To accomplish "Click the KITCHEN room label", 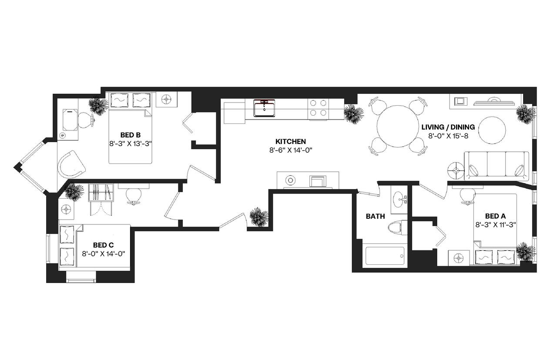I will pyautogui.click(x=291, y=141).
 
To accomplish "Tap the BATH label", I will pyautogui.click(x=375, y=216).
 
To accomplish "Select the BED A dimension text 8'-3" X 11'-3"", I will pyautogui.click(x=496, y=225).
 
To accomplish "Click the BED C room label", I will pyautogui.click(x=103, y=245).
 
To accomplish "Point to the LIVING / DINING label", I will pyautogui.click(x=448, y=127).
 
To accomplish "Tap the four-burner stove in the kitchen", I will pyautogui.click(x=318, y=108).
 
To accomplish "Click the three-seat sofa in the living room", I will pyautogui.click(x=497, y=166).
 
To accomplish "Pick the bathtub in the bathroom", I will pyautogui.click(x=385, y=256).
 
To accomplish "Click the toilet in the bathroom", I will pyautogui.click(x=398, y=227).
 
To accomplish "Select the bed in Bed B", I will pyautogui.click(x=130, y=136).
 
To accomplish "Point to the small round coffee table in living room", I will pyautogui.click(x=492, y=129).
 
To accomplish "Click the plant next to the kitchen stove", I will pyautogui.click(x=353, y=114).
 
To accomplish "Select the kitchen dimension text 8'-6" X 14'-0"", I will pyautogui.click(x=291, y=150).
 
